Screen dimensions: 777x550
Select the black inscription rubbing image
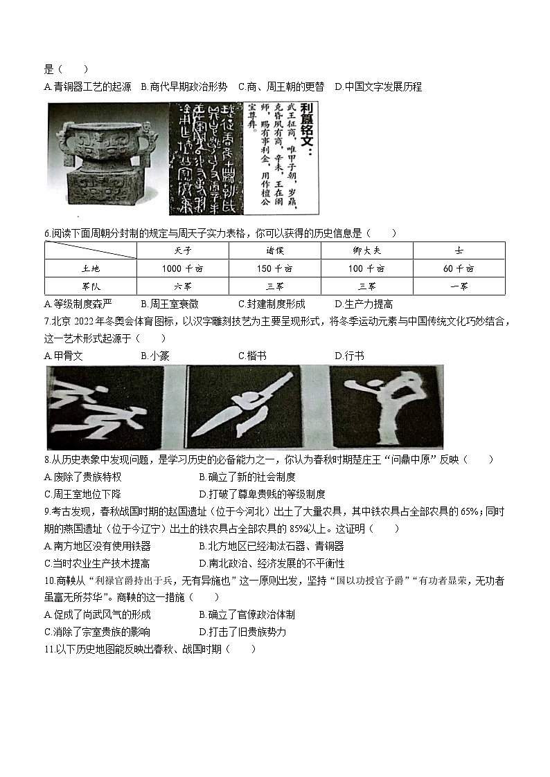coord(205,158)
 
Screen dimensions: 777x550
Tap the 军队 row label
coord(91,286)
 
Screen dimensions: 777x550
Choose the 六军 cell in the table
coord(183,286)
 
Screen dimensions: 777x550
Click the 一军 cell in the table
coord(459,286)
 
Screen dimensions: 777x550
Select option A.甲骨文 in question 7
coord(63,356)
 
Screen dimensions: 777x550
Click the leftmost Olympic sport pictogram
coord(105,407)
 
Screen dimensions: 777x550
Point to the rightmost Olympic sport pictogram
coord(386,407)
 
